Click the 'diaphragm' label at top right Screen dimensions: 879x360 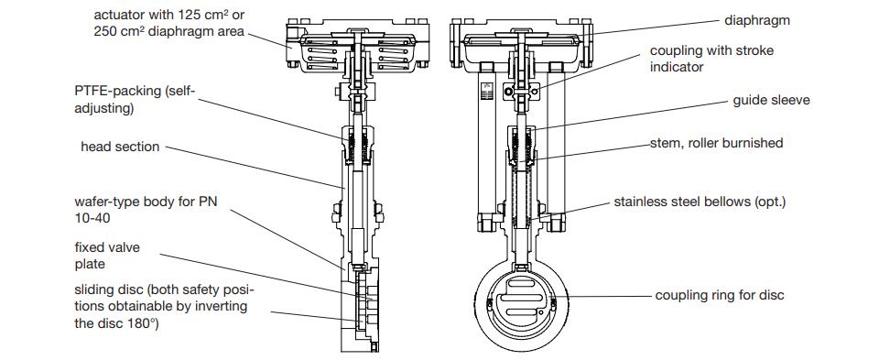(757, 21)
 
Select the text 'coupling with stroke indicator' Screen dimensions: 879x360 (711, 59)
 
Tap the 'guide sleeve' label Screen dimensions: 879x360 (771, 101)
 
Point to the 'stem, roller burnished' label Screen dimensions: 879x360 (716, 143)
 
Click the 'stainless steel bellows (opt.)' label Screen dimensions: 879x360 (700, 202)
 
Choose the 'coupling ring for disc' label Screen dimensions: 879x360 (720, 295)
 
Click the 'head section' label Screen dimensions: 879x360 (120, 147)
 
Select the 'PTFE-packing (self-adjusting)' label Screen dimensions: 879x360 (136, 99)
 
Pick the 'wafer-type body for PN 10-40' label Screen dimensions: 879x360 (146, 209)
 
